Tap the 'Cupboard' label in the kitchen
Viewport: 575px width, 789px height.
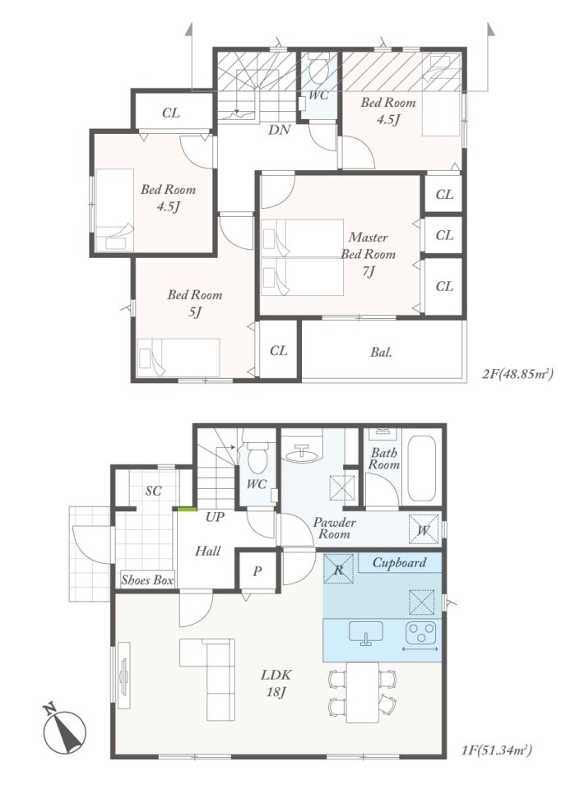point(399,562)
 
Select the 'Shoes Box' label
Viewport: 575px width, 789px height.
point(147,579)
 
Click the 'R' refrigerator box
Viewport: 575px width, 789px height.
point(338,569)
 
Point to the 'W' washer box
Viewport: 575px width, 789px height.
point(424,528)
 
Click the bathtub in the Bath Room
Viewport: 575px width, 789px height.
point(421,468)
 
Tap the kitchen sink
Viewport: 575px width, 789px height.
point(365,633)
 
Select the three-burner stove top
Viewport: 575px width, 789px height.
point(421,634)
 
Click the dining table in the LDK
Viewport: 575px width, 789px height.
point(363,692)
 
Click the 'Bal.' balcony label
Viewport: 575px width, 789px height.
point(381,353)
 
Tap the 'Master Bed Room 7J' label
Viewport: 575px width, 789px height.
point(369,254)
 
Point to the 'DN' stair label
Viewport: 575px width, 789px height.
point(279,130)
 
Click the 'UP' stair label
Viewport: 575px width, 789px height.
point(215,516)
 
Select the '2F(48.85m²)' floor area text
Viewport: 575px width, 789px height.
point(518,373)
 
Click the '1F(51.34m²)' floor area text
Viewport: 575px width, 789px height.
point(497,751)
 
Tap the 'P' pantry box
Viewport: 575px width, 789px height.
point(257,572)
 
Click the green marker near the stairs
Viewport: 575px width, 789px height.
point(186,510)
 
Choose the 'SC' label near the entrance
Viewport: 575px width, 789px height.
point(154,491)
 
